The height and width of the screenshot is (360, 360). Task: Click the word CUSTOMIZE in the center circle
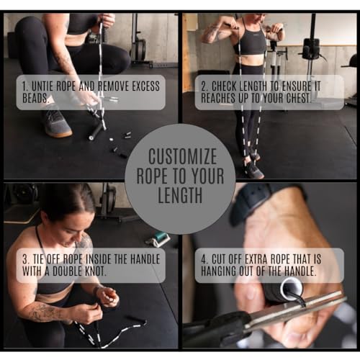coord(179,157)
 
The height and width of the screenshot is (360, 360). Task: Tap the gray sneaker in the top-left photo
coord(55,124)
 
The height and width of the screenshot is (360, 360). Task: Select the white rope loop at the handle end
coord(292,289)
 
